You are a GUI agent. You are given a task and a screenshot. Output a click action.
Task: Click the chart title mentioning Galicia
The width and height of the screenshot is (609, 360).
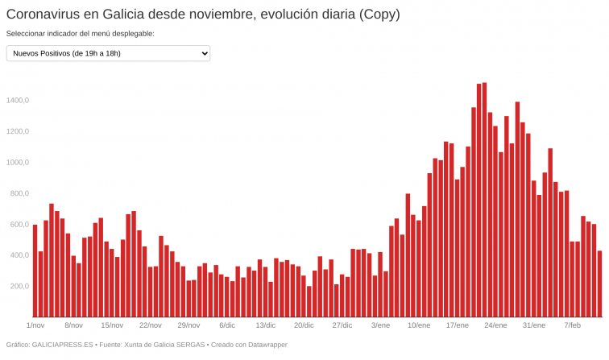coord(202,14)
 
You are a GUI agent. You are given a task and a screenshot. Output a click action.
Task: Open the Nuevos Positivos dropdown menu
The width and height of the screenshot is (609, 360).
coord(108,53)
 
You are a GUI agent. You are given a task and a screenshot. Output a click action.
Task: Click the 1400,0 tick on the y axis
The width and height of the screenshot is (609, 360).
coord(18,101)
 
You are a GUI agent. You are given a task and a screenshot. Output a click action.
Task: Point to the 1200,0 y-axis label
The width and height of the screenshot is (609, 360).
coord(18,131)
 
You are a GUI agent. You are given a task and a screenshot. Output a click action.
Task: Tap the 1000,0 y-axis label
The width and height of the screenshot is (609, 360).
coord(18,163)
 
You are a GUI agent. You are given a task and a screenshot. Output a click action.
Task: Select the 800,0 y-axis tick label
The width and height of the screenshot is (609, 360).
coord(19,193)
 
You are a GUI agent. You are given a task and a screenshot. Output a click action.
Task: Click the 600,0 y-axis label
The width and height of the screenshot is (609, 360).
coord(19,225)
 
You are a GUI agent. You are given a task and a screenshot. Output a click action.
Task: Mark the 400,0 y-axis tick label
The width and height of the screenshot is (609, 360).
coord(19,255)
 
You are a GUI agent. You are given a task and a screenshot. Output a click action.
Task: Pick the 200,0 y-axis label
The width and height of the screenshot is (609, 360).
coord(19,287)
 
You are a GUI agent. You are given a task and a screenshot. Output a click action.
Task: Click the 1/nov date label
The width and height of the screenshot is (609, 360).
coord(35,325)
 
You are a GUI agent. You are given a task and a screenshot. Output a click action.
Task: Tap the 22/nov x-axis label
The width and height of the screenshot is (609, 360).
coord(151,325)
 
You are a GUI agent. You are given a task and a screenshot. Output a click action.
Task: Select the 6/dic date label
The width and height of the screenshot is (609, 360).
coord(227,325)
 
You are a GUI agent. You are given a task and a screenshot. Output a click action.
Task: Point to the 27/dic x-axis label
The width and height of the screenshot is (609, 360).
coord(342,325)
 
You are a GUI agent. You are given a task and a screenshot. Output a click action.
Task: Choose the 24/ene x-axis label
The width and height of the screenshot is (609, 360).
coord(495,325)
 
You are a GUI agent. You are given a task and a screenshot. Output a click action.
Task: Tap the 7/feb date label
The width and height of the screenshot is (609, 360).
coord(572,325)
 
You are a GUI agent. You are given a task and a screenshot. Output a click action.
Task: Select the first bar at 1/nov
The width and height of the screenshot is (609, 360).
coord(35,271)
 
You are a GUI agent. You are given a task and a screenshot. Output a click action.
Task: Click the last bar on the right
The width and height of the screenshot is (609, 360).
coord(599,283)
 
